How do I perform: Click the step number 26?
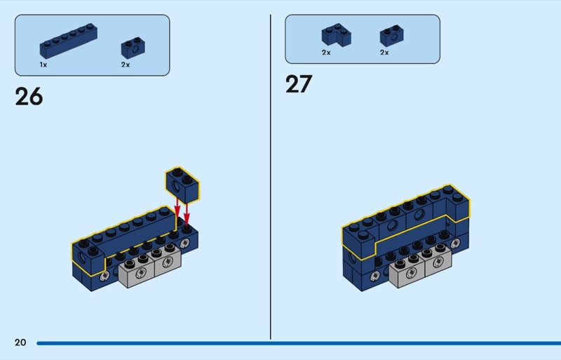point(29,97)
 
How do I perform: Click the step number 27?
point(299,84)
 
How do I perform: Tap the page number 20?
point(20,342)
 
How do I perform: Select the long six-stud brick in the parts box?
point(68,41)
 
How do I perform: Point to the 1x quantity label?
point(43,65)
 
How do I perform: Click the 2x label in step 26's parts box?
point(126,65)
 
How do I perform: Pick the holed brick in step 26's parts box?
point(133,48)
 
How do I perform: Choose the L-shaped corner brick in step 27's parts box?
point(337,35)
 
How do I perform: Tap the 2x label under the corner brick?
point(326,53)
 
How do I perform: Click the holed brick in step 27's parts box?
point(392,36)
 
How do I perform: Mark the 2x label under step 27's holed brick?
point(384,53)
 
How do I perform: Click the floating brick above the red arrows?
point(182,185)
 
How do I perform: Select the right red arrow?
point(187,214)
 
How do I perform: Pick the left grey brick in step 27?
point(407,270)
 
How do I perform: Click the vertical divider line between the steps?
point(271,177)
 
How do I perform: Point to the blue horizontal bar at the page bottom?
point(299,343)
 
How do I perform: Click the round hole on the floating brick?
point(176,186)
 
